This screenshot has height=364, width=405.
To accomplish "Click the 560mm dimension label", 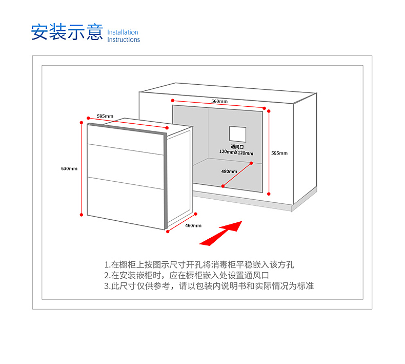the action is coord(219,101).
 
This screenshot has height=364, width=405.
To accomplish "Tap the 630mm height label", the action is coord(69,168).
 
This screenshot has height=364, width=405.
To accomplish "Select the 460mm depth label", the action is coord(193,225).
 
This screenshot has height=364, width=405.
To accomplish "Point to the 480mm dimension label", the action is coord(229,171).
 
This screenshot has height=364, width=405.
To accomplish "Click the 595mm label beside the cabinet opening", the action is coord(279,153).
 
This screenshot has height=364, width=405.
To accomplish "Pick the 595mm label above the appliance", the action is coord(105,116).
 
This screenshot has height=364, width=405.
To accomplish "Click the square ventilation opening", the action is coord(238,134).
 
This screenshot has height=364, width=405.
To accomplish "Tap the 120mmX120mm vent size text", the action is coord(236,152).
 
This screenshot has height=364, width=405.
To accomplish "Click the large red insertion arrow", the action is coord(221,234).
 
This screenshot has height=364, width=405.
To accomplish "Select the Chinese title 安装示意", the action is coord(67,32).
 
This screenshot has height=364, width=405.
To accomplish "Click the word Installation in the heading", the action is coord(123,32).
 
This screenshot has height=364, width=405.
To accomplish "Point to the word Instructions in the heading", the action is coord(124,40).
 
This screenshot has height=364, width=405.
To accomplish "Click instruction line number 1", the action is coord(199,264).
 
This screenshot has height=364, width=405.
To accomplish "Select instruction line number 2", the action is coord(187,275).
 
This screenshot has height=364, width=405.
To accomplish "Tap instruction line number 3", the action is coord(209,286).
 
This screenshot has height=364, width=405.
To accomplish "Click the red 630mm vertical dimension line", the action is coord(82,169).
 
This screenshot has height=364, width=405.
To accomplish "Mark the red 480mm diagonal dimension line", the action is coord(237,175).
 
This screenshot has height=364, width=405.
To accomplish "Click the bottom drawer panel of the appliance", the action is coord(126,203).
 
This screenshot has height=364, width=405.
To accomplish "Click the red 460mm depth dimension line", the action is coord(181,223).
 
